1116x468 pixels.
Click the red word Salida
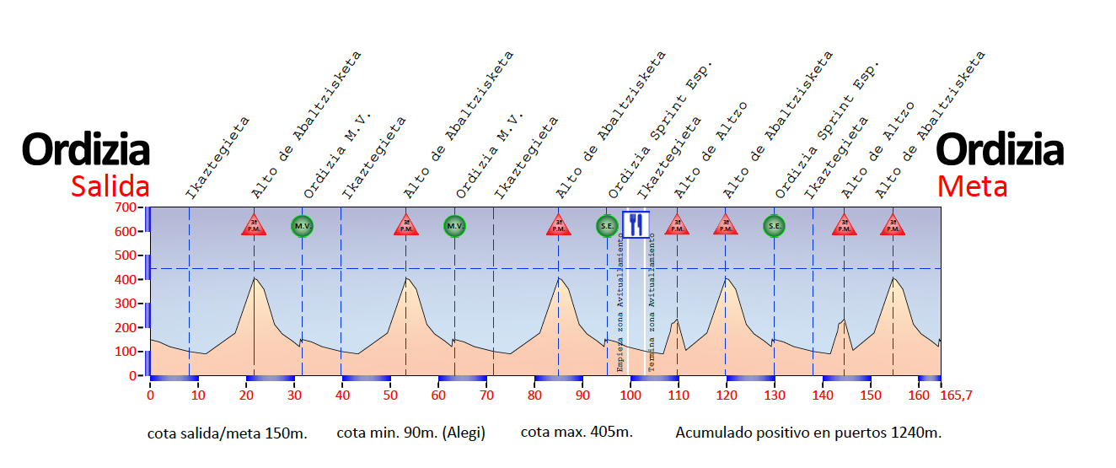point(110,186)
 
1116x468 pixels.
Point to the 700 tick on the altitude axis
point(126,207)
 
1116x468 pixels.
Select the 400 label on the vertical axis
point(126,279)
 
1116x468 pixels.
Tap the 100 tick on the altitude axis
point(126,352)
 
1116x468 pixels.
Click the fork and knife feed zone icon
point(636,224)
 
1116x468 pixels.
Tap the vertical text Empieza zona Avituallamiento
point(621,304)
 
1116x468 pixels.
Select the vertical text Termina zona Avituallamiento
point(652,304)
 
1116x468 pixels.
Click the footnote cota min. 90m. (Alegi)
point(410,433)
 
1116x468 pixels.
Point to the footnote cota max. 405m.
point(577,433)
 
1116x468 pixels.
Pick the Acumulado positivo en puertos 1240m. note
point(808,433)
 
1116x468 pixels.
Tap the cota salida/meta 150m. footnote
point(228,433)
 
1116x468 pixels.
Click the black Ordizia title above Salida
point(86,150)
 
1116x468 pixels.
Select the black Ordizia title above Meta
point(1000,150)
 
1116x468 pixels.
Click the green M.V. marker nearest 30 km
point(302,225)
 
